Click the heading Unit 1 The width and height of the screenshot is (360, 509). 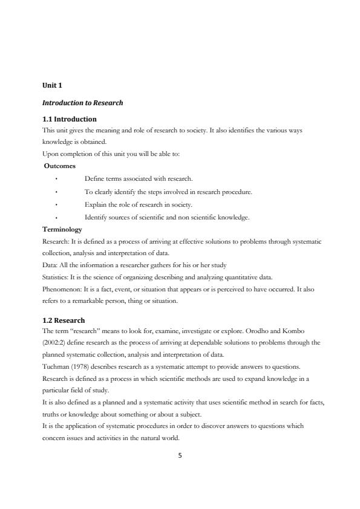tap(52, 85)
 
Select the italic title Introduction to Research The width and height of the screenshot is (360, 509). tap(82, 103)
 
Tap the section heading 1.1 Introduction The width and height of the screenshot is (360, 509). tap(69, 119)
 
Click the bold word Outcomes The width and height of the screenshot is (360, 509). tap(59, 165)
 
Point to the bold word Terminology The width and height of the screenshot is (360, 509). tap(62, 230)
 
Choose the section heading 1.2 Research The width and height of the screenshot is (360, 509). tap(64, 320)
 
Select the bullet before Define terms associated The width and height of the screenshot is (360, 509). tap(56, 179)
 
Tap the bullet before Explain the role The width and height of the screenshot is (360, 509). tap(56, 204)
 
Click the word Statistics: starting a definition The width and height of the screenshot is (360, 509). tap(56, 277)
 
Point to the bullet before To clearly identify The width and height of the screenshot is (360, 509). tap(56, 192)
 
